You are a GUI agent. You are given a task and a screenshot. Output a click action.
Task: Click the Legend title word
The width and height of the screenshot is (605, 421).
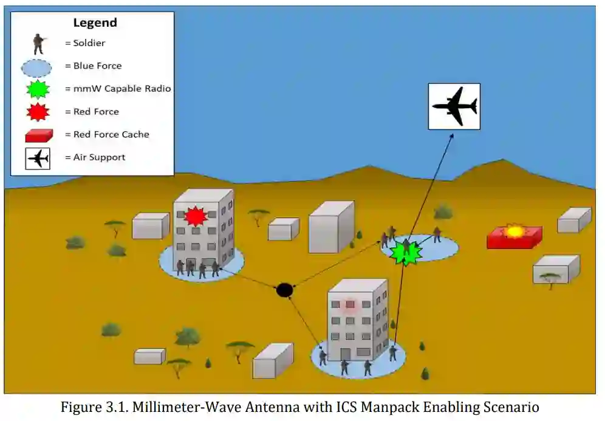(95, 23)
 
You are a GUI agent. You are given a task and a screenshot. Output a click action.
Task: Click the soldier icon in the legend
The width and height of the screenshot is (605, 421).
(39, 44)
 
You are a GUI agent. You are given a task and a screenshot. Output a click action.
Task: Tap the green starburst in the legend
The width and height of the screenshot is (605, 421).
(38, 89)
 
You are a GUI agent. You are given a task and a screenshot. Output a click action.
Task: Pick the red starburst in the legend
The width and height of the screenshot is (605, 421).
(38, 112)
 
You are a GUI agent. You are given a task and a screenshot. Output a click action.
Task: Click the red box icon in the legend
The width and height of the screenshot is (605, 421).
(39, 134)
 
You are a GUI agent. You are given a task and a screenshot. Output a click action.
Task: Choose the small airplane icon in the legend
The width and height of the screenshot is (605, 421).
(38, 158)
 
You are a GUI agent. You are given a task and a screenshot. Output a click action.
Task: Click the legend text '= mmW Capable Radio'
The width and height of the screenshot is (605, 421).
(118, 89)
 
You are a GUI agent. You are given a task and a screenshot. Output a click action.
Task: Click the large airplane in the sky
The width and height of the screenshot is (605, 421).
(454, 106)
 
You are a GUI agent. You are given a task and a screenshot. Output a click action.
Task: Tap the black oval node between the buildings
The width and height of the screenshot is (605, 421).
(284, 290)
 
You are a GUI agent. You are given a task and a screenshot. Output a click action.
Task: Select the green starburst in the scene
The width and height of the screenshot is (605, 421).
(405, 252)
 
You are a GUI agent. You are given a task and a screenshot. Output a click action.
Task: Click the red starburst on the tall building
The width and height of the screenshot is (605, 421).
(195, 216)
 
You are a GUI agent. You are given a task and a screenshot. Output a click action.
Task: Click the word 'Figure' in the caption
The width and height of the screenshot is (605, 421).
(78, 407)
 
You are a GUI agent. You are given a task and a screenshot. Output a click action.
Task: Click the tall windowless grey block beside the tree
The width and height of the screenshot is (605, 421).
(330, 227)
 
